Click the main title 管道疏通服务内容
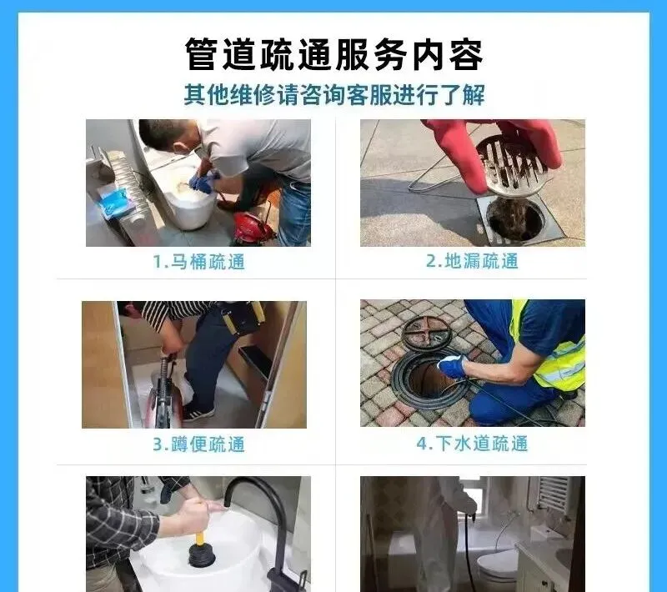click(x=334, y=54)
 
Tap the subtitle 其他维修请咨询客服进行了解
click(x=334, y=95)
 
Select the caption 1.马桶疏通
click(x=198, y=262)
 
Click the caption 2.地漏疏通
click(x=472, y=261)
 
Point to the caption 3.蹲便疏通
click(x=198, y=444)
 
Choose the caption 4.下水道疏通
click(x=472, y=444)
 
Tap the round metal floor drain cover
click(x=514, y=166)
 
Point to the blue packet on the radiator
click(x=114, y=203)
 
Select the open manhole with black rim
click(x=429, y=376)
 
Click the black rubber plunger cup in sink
click(x=202, y=554)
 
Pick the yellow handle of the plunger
click(x=199, y=526)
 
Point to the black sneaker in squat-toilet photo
click(x=198, y=413)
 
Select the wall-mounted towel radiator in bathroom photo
click(x=553, y=494)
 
